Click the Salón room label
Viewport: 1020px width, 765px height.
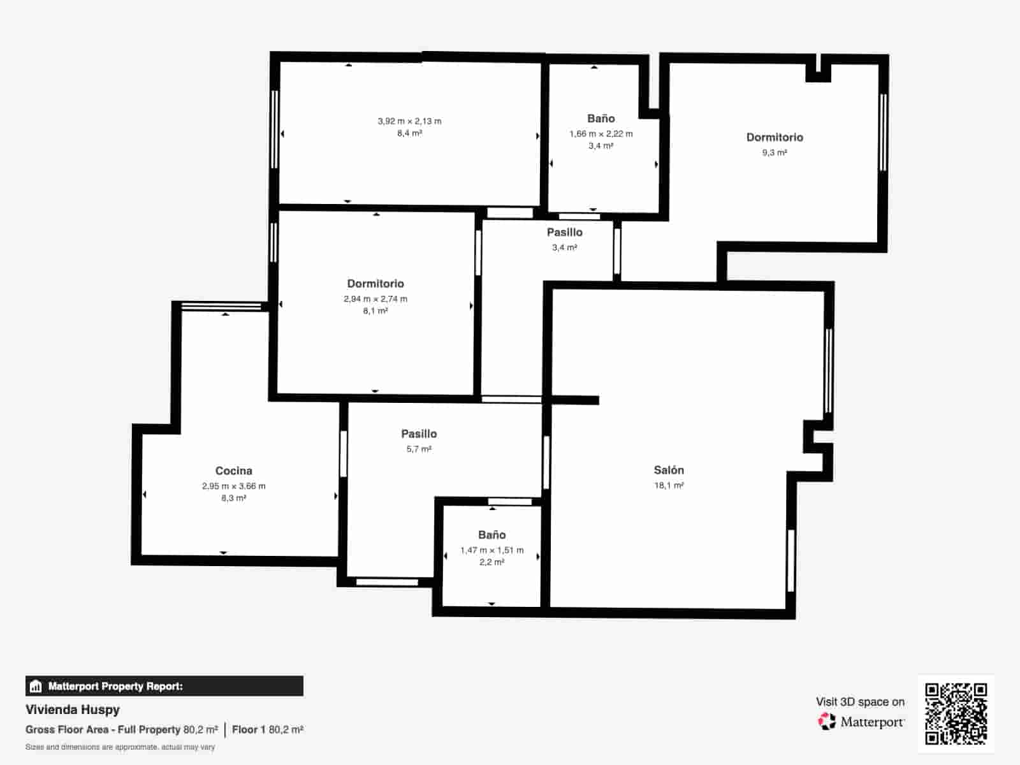[x=669, y=470]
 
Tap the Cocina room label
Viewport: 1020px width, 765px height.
[x=233, y=470]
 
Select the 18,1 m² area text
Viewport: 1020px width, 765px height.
[x=669, y=486]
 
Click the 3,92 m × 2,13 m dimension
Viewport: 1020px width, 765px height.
[x=409, y=121]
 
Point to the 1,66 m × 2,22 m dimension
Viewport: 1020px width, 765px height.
[x=601, y=134]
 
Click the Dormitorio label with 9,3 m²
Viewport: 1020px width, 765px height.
[x=775, y=137]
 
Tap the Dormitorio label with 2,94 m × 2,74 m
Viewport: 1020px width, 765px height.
[x=375, y=284]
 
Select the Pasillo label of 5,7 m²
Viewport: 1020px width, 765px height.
[x=419, y=433]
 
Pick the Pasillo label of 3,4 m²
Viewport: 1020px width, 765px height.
[x=564, y=232]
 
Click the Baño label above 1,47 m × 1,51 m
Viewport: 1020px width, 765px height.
[x=492, y=535]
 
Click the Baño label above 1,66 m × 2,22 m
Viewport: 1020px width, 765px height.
[x=601, y=119]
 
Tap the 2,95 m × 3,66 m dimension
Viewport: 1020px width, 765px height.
[x=233, y=486]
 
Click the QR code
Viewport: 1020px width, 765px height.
[x=956, y=713]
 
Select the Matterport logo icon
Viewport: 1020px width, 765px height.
[x=827, y=722]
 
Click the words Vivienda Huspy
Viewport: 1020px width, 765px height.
[x=73, y=710]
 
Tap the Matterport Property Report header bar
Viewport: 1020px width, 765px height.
[x=164, y=686]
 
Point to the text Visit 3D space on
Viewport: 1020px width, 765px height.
[x=860, y=702]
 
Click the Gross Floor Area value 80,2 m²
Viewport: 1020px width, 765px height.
[x=200, y=729]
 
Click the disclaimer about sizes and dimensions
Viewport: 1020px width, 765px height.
[x=120, y=747]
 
